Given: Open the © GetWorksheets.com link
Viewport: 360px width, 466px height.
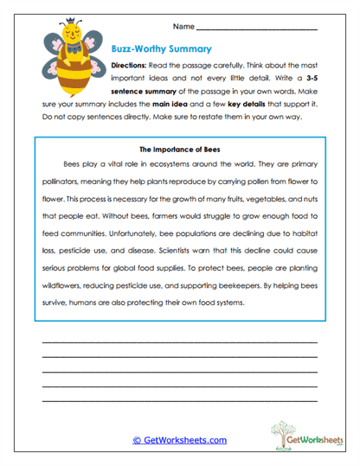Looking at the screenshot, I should [179, 439].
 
